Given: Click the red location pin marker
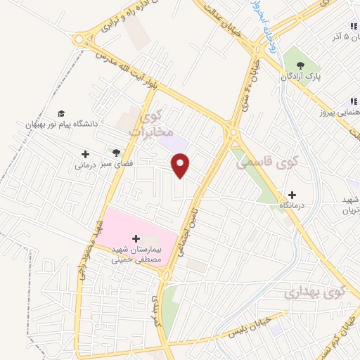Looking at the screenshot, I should [181, 165].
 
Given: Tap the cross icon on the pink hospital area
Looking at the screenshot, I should [136, 239].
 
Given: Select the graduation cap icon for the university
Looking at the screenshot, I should [61, 113].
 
